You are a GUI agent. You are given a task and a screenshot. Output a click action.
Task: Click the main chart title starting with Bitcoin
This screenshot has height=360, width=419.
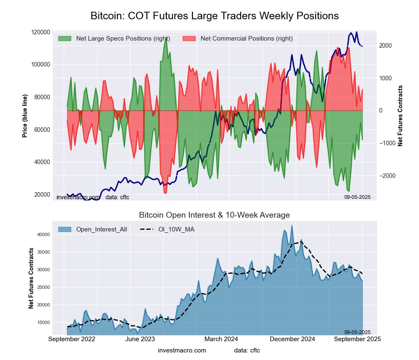(215, 16)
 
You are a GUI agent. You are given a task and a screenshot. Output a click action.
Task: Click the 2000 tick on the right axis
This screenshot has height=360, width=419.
(385, 46)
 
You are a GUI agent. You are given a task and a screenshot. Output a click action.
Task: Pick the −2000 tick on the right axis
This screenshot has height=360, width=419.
(387, 176)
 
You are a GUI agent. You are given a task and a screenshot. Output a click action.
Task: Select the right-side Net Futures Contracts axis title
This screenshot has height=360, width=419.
(400, 116)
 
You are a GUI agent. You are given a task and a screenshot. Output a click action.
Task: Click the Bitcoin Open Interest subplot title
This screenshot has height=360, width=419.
(215, 215)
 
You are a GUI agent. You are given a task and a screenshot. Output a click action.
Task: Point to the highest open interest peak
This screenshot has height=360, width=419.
(292, 226)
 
